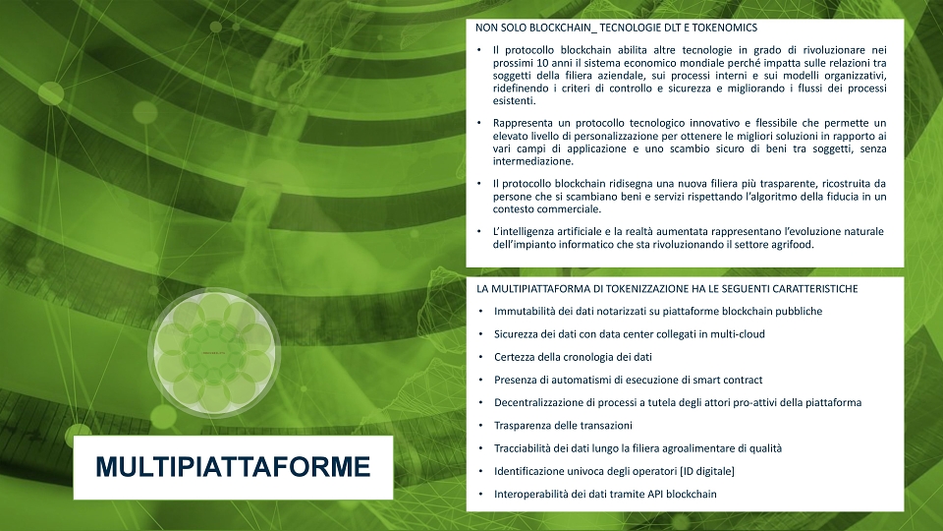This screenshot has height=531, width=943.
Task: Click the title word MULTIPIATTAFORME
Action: (233, 467)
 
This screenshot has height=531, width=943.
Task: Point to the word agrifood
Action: (792, 245)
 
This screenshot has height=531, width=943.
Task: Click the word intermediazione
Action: (532, 161)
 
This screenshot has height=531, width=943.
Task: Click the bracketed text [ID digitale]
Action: (706, 471)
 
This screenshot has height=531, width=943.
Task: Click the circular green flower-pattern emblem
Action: (214, 352)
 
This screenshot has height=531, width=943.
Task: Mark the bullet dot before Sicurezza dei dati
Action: (480, 334)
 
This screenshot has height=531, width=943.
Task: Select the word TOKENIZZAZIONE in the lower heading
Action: (646, 289)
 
